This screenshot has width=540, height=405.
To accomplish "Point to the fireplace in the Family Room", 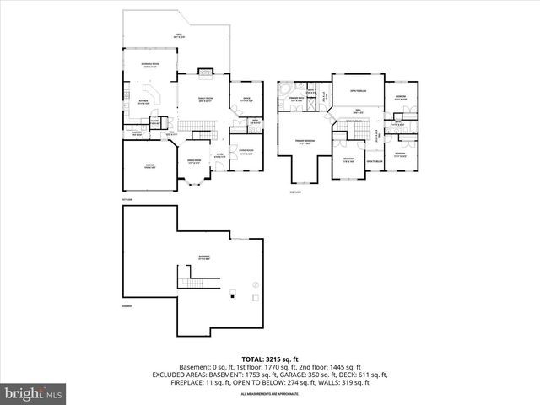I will pos(202,72).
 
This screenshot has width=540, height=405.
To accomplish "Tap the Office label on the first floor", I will pos(246,100).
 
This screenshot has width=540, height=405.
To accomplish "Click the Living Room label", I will pos(246,153).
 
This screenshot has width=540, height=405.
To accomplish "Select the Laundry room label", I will pos(135,132).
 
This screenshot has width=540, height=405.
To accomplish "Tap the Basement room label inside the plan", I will pos(204,256).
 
